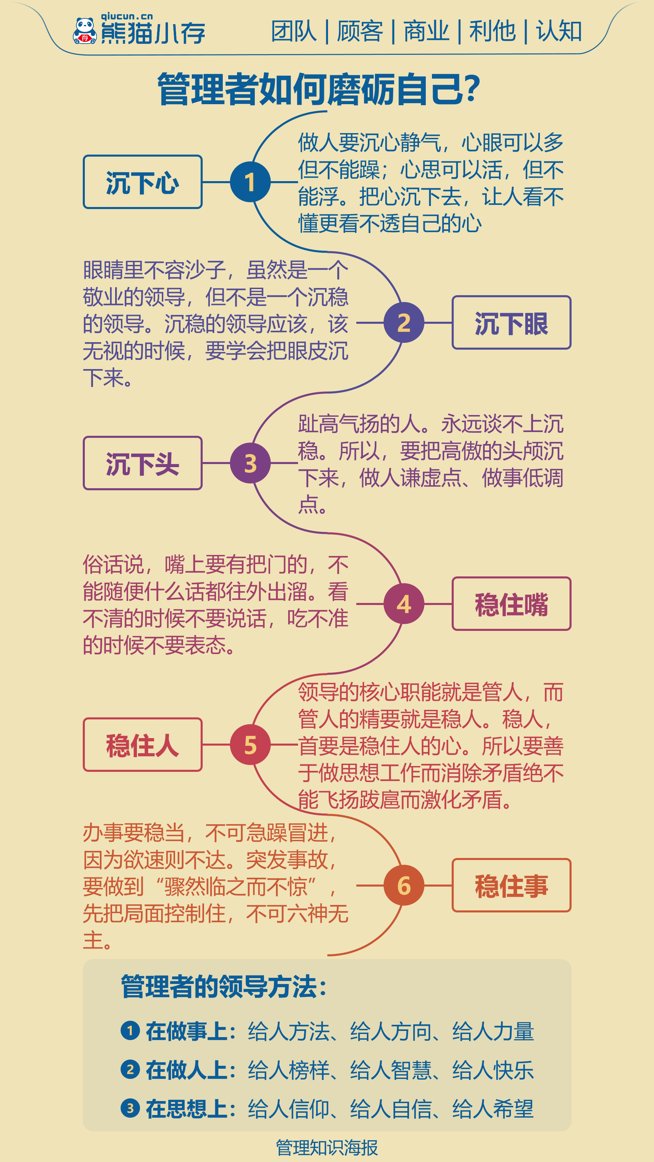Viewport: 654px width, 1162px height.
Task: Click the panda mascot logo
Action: (85, 31)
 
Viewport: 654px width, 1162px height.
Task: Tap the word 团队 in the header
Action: (294, 31)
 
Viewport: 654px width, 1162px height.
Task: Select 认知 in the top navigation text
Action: (559, 31)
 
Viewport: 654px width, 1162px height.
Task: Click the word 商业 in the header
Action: (426, 31)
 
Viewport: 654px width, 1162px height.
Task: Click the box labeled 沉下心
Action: (143, 182)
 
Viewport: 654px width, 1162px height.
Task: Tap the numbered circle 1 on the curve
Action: (250, 182)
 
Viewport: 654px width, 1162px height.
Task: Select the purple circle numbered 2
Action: (404, 322)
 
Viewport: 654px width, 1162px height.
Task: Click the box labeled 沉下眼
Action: (511, 322)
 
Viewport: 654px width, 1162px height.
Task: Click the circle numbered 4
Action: (404, 604)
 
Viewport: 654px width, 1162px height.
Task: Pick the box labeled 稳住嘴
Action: (511, 604)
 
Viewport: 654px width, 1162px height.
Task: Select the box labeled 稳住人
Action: (143, 745)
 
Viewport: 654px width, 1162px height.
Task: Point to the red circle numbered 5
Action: (250, 745)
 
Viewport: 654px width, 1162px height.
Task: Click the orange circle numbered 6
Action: (404, 886)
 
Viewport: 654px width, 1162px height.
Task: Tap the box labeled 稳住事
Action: (511, 886)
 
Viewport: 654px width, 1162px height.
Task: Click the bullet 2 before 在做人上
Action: (130, 1069)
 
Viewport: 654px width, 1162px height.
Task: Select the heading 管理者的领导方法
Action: (223, 987)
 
